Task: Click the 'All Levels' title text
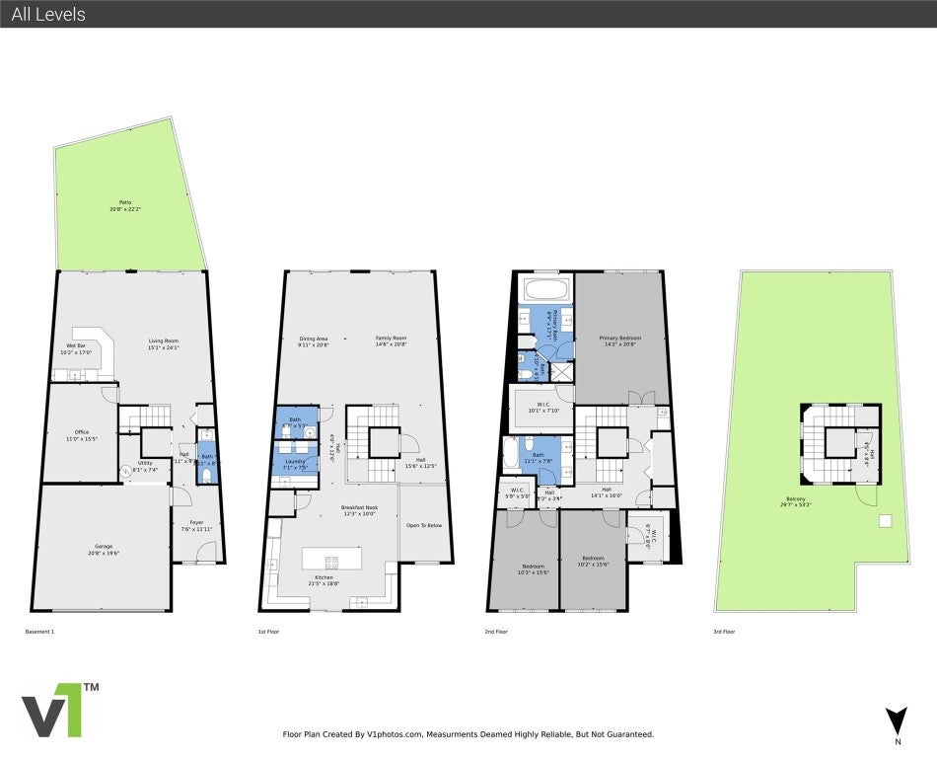[48, 14]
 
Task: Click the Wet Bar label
[76, 348]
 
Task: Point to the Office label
[82, 433]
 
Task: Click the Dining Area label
[314, 341]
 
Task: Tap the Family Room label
[391, 341]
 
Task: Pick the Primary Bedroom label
[619, 341]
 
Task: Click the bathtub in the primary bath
[544, 290]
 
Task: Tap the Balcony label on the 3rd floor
[793, 501]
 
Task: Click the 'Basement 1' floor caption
[39, 631]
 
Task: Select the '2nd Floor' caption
[497, 631]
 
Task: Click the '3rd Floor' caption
[724, 631]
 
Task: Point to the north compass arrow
[895, 720]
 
